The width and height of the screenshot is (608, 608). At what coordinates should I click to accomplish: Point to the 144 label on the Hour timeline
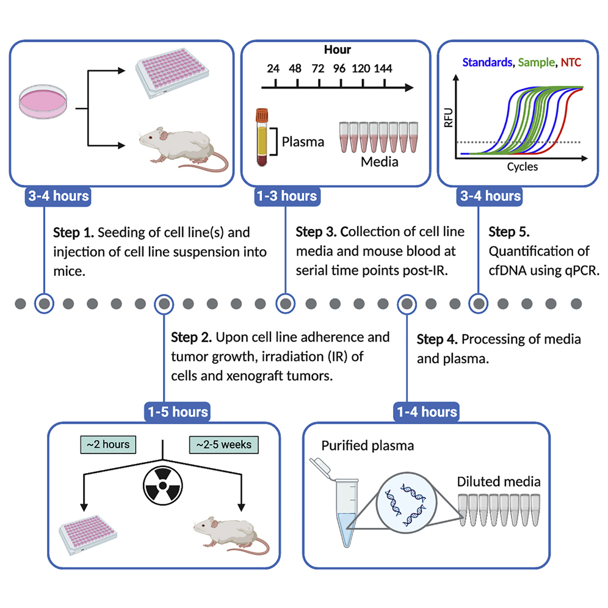tap(383, 68)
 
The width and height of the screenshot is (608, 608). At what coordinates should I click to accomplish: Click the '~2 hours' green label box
tap(108, 445)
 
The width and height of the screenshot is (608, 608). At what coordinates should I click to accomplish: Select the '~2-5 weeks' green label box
tap(223, 445)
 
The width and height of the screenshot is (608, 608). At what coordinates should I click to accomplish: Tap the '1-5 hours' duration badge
tap(177, 412)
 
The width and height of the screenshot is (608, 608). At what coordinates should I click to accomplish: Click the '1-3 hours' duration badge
tap(286, 196)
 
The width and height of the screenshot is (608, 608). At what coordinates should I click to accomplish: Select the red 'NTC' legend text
tap(571, 62)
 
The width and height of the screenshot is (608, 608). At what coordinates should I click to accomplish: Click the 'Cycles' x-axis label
tap(522, 166)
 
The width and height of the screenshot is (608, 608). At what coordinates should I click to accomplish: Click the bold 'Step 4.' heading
tap(438, 339)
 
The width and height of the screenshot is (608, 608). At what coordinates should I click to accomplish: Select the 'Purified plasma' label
tap(367, 446)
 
